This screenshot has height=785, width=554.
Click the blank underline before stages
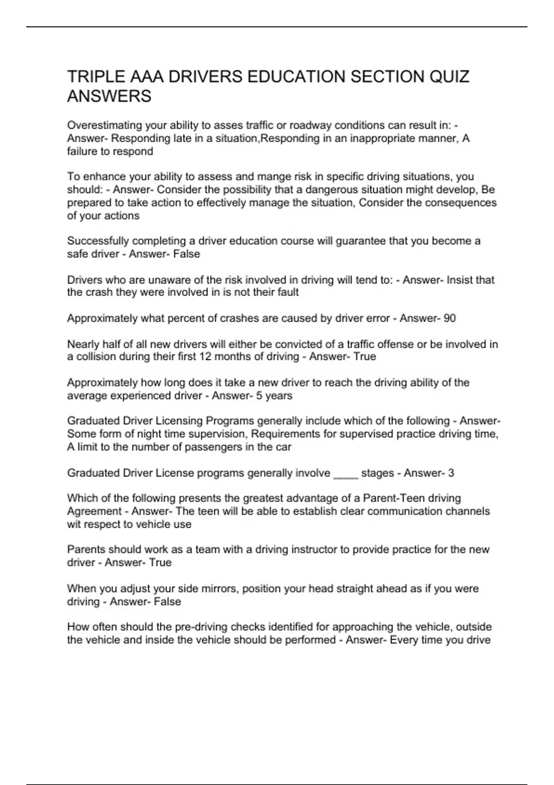(x=345, y=473)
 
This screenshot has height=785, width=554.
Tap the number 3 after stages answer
(x=451, y=473)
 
